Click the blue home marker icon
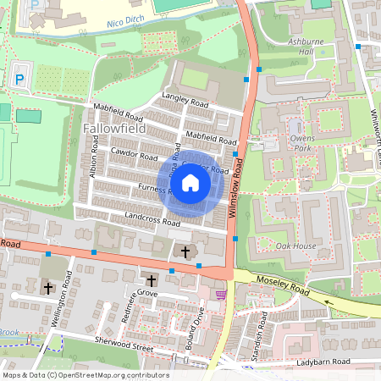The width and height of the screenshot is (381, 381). click(x=190, y=182)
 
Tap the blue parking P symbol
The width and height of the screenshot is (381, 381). click(x=19, y=80)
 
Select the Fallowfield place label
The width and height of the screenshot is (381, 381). click(x=115, y=128)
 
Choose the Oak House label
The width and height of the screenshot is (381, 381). click(x=296, y=246)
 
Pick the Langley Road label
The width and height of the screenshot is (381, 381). click(x=184, y=100)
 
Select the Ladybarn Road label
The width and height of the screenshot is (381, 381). click(x=324, y=362)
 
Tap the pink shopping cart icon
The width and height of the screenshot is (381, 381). click(x=221, y=295)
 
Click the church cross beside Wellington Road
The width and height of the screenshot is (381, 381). click(x=48, y=287)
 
